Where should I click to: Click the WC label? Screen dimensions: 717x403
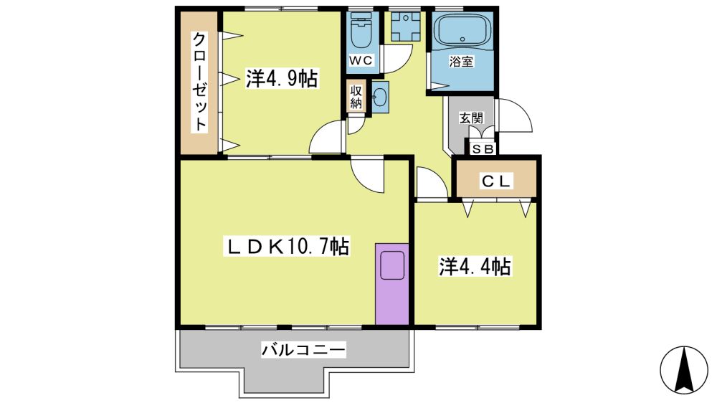click(361, 60)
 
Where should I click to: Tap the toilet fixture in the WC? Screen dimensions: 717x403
click(361, 30)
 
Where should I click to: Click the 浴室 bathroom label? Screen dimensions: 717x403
click(461, 61)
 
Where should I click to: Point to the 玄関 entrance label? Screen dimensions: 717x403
click(471, 118)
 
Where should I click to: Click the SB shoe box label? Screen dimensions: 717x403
click(482, 148)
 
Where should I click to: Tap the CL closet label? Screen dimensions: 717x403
click(495, 181)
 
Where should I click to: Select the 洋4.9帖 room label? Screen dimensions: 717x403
click(282, 78)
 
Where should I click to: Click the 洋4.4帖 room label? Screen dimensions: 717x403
click(475, 266)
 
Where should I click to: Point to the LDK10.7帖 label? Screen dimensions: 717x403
click(287, 247)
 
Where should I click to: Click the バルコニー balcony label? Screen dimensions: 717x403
click(303, 351)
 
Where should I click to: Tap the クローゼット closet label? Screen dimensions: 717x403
click(199, 82)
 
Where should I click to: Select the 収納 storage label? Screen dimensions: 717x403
click(356, 98)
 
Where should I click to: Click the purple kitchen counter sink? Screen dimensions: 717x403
click(392, 265)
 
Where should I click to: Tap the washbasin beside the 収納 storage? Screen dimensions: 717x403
click(379, 97)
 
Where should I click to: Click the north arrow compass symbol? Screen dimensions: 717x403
click(684, 369)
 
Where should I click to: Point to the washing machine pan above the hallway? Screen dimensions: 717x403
click(405, 26)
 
